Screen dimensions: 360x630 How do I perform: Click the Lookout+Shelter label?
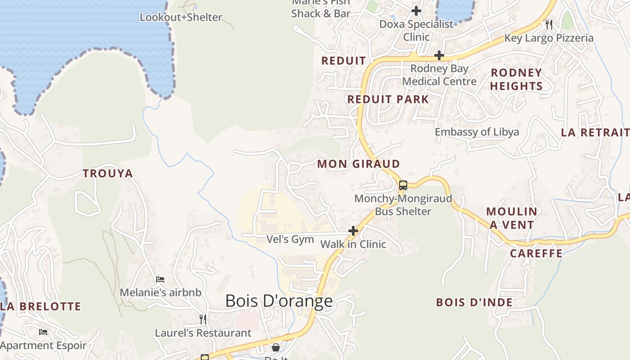click(x=181, y=18)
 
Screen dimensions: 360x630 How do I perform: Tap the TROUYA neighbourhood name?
click(x=108, y=173)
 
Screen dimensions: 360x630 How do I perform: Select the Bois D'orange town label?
click(x=279, y=301)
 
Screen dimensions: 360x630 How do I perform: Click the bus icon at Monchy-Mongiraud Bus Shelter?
click(x=403, y=185)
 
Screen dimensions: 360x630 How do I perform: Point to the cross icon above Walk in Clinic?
click(x=353, y=231)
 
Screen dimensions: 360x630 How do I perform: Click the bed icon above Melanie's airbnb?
click(x=160, y=279)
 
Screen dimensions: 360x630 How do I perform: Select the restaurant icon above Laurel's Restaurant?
click(x=203, y=319)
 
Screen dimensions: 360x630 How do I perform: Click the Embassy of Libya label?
click(x=477, y=132)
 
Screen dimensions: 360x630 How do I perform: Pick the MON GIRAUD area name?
click(x=359, y=164)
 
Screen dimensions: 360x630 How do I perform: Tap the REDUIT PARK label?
click(x=388, y=99)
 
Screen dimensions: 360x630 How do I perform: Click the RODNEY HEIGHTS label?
click(x=516, y=79)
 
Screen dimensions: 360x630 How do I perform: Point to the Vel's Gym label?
click(x=290, y=239)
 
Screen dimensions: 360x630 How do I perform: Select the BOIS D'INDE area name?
click(x=474, y=302)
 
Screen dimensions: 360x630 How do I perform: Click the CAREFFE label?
click(x=536, y=253)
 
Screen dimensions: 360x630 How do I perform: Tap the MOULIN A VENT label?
click(x=512, y=218)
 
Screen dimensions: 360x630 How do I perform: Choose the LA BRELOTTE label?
click(x=41, y=306)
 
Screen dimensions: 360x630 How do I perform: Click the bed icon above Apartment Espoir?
click(x=43, y=332)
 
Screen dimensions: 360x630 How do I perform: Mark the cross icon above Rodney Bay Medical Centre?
click(x=439, y=55)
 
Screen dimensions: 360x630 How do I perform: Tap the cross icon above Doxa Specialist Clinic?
click(x=416, y=10)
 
